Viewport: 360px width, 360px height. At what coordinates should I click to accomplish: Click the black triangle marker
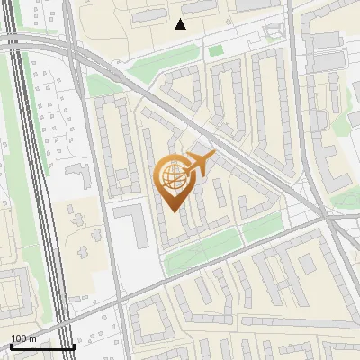pyautogui.click(x=181, y=24)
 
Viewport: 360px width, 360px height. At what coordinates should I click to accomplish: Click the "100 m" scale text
pyautogui.click(x=24, y=338)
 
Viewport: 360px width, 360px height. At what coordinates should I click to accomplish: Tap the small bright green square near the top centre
pyautogui.click(x=215, y=51)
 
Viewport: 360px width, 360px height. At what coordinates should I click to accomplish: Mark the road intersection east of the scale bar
pyautogui.click(x=118, y=309)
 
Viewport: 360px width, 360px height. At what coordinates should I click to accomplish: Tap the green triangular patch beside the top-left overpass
pyautogui.click(x=102, y=84)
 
